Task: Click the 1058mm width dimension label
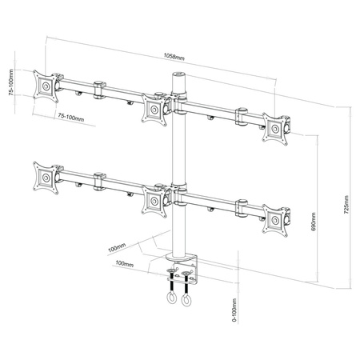tap(174, 58)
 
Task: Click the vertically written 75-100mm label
tap(9, 82)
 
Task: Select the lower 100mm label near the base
tap(124, 263)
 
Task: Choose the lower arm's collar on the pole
tap(178, 195)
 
